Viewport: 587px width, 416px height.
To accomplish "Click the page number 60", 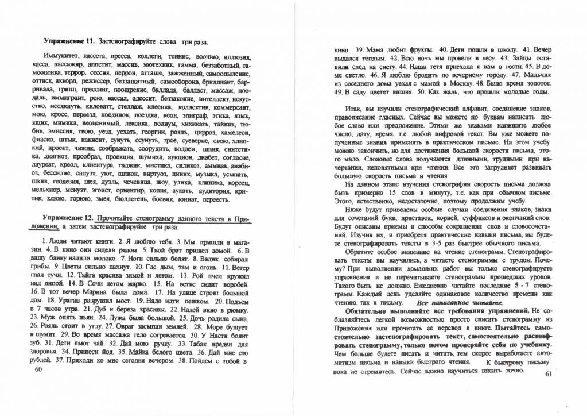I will point(39,371).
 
